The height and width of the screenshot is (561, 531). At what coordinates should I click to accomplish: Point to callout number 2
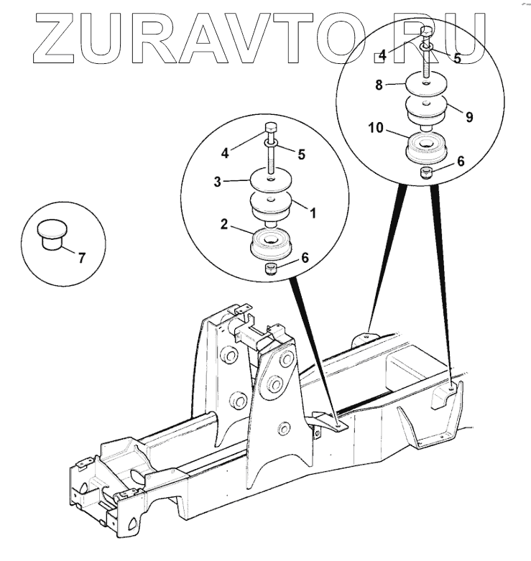[225, 226]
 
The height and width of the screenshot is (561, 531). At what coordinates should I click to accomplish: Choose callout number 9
[468, 116]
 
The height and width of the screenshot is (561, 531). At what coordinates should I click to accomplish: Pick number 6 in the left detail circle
[305, 257]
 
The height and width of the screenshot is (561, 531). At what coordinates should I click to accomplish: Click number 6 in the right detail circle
[461, 162]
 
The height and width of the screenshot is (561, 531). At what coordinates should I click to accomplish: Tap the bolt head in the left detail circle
[271, 129]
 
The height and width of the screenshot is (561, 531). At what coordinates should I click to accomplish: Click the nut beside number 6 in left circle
[271, 269]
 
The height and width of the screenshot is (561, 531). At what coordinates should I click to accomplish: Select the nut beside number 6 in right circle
[425, 172]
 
